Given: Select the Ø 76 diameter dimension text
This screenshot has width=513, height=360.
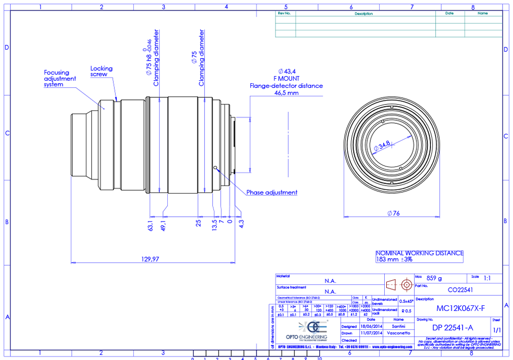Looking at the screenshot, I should pos(393,214).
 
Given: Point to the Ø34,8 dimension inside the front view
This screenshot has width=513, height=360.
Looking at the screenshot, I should pos(383,146).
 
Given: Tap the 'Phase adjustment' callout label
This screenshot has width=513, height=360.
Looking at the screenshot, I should pos(272,193).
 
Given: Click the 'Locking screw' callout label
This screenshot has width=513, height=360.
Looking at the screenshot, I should pos(101,71).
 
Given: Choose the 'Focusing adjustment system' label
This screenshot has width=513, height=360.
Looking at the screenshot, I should pos(60,78).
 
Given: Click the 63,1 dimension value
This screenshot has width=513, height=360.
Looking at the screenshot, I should pos(149,224).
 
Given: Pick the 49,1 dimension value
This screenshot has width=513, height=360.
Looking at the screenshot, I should pos(163,224).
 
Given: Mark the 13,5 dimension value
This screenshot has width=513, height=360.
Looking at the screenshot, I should pos(214,223).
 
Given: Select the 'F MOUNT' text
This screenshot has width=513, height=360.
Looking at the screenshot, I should pos(287,79).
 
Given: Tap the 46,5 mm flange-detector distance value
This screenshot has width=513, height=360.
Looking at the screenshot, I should pos(287,93).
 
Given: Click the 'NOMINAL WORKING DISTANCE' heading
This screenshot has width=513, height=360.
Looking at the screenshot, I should pos(419,253).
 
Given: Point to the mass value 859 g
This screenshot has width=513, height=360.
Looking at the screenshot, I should pos(434,278).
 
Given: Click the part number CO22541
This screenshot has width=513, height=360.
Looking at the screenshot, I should pos(460,290).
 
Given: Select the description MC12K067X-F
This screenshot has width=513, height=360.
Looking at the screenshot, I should pos(460,308).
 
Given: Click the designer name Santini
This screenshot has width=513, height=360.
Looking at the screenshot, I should pos(399,326).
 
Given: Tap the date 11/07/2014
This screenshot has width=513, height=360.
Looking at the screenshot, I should pos(371,333).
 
